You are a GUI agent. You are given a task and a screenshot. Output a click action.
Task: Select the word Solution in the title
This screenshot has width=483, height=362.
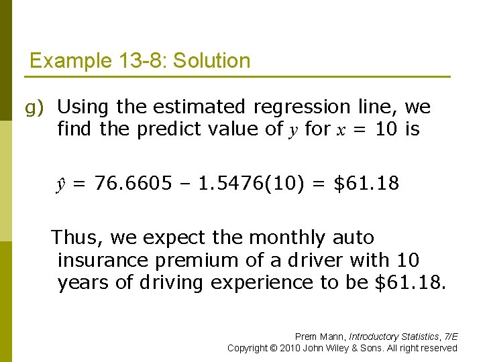pyautogui.click(x=211, y=62)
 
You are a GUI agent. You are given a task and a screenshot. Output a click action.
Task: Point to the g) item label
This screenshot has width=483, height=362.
pyautogui.click(x=34, y=107)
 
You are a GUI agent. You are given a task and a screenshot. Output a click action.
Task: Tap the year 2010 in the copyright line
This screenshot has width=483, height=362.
pyautogui.click(x=292, y=348)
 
